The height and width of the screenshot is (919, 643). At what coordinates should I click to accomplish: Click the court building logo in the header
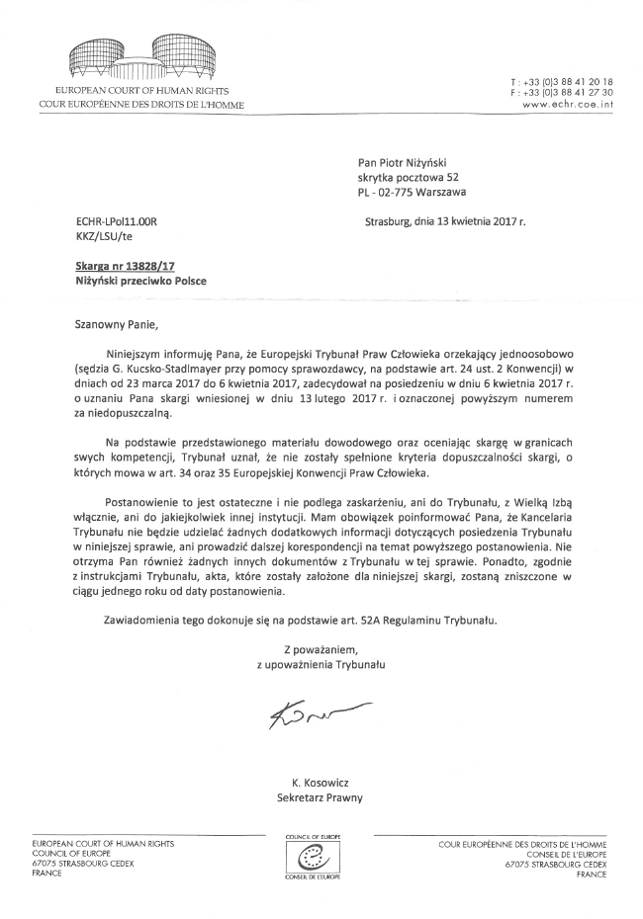coord(138,58)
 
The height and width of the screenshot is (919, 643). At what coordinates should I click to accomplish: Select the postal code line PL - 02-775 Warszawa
coord(413,193)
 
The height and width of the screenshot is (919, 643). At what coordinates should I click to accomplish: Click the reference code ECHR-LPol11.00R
coord(117,222)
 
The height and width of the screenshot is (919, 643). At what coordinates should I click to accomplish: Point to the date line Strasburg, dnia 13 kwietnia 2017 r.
coord(445,222)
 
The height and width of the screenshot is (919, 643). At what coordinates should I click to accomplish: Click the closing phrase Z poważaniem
coord(319,649)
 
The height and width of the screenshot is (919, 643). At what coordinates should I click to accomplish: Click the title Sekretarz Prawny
coord(321,796)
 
